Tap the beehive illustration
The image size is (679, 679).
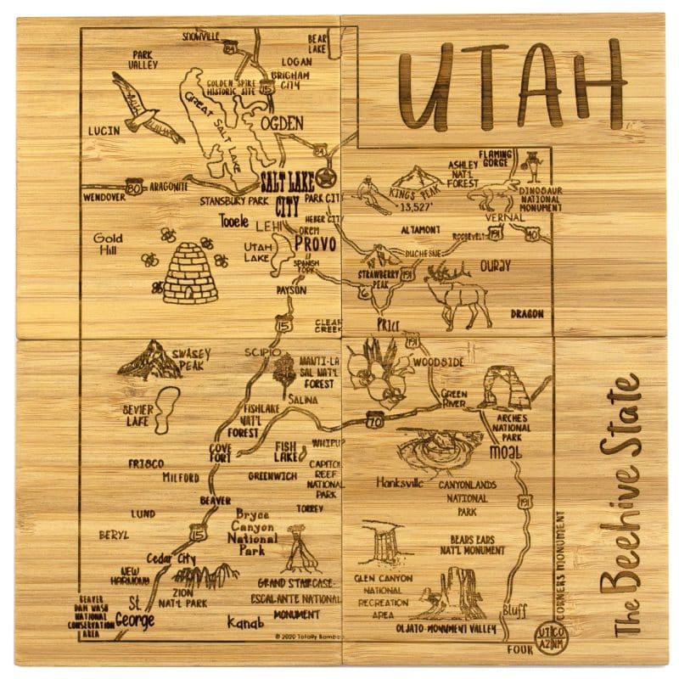[190, 275]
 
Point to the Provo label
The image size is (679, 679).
[315, 244]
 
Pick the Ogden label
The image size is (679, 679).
[281, 125]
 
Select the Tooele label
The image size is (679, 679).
[234, 222]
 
